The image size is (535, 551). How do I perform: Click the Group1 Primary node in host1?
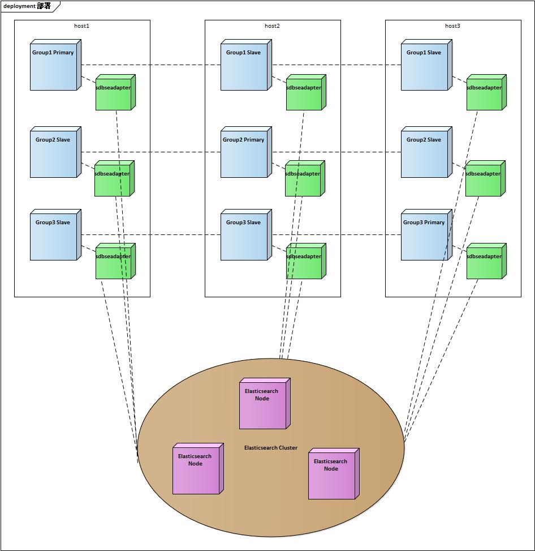click(53, 66)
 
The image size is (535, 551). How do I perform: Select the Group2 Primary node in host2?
click(244, 153)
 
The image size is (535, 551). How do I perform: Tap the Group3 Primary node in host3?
click(424, 236)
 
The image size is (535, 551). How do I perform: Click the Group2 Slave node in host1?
click(53, 153)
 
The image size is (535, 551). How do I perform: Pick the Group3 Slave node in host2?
click(244, 236)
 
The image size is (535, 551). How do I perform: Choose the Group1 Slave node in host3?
click(424, 66)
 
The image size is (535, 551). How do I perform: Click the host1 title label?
click(82, 26)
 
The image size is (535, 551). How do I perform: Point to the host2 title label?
click(272, 26)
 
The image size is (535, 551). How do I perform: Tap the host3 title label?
click(452, 26)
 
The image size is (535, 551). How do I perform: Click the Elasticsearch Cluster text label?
click(271, 448)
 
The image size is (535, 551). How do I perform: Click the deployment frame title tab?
click(27, 6)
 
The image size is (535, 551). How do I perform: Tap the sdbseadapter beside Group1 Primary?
click(114, 93)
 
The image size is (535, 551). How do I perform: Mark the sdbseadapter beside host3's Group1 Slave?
click(485, 93)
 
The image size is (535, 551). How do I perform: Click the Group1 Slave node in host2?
click(244, 66)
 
